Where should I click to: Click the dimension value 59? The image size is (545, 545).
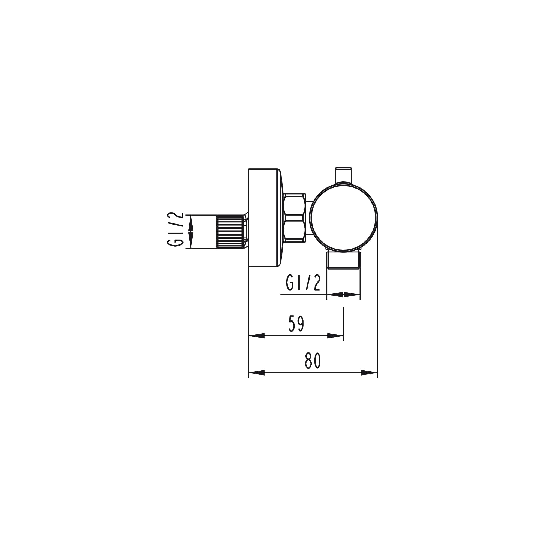tap(296, 324)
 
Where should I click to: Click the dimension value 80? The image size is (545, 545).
tap(313, 361)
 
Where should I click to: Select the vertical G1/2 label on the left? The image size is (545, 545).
tap(175, 229)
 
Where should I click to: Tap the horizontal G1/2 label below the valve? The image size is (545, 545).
tap(303, 283)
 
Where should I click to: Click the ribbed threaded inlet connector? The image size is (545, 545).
tap(230, 232)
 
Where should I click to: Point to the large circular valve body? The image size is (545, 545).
tap(343, 218)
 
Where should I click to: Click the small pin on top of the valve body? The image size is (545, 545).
tap(343, 175)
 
